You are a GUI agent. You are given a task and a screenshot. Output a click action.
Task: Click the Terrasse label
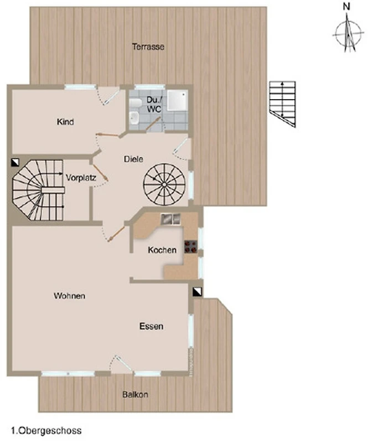point(148,47)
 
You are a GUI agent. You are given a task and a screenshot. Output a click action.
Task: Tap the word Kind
point(65,122)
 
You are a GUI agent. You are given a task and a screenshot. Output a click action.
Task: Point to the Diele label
point(133,159)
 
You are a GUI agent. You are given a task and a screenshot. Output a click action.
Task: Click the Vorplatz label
point(81,178)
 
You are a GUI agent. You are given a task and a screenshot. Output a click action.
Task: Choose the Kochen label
point(162,250)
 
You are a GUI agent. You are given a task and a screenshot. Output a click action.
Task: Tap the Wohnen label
point(70,296)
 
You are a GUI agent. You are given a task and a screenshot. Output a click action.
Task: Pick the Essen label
point(151,326)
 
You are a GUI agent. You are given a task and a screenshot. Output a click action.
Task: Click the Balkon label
point(135,394)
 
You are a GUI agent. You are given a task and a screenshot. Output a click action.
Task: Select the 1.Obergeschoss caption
point(46,431)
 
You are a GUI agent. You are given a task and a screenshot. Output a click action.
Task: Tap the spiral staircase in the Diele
point(164,184)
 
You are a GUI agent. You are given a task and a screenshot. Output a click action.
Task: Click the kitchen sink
point(170,219)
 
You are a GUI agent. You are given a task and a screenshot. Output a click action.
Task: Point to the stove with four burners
point(190,246)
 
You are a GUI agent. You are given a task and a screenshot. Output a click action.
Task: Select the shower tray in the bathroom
point(177,100)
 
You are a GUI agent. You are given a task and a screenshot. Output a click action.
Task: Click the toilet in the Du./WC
point(136,103)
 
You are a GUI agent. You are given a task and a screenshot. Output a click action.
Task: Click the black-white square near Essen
point(198,292)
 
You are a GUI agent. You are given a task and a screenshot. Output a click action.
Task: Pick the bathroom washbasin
point(134,118)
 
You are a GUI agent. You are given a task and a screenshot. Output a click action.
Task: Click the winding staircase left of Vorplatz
point(38,190)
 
